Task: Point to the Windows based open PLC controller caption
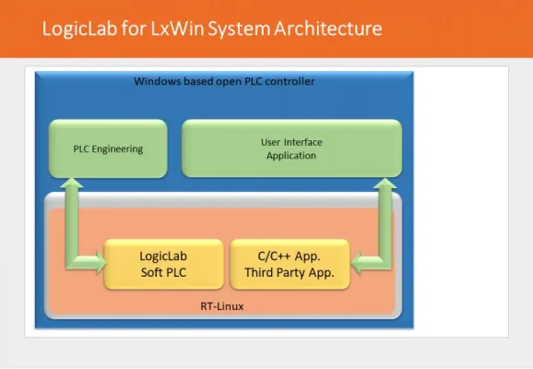pyautogui.click(x=224, y=82)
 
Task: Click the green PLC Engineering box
pyautogui.click(x=108, y=149)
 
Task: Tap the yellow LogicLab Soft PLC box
pyautogui.click(x=164, y=264)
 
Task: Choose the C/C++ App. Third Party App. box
pyautogui.click(x=289, y=264)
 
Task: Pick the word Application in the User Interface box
pyautogui.click(x=290, y=156)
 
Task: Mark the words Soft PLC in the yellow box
pyautogui.click(x=164, y=272)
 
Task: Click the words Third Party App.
pyautogui.click(x=289, y=272)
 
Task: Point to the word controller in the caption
pyautogui.click(x=291, y=82)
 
